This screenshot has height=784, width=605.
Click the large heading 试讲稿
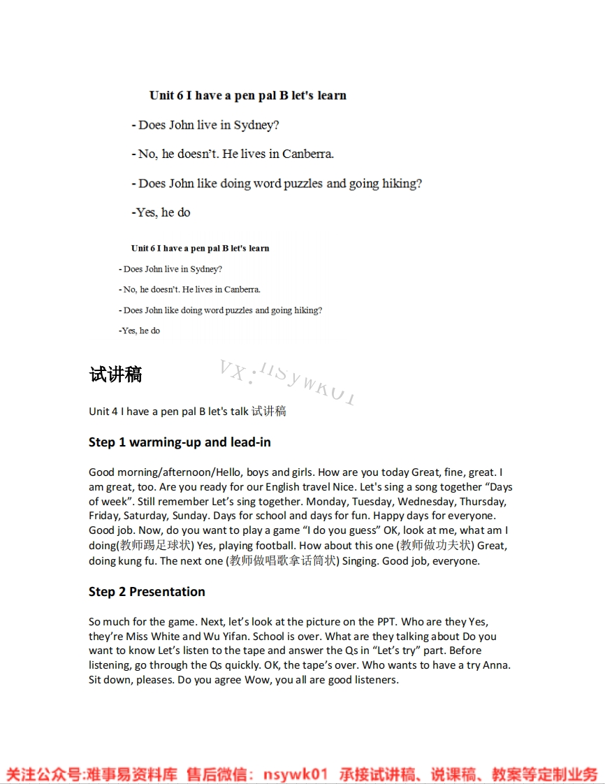pos(115,375)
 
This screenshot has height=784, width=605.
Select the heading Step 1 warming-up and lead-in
pos(180,442)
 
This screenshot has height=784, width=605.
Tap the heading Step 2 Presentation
pos(147,592)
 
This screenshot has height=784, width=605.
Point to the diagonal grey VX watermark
pos(287,382)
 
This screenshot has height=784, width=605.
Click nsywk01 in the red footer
pos(296,774)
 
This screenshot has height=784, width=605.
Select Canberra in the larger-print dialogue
pos(307,154)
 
